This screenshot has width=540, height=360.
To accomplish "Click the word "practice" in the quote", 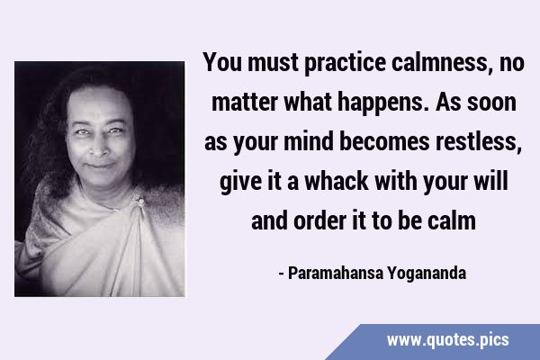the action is pyautogui.click(x=345, y=63).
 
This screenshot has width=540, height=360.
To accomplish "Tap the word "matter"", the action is pyautogui.click(x=245, y=103).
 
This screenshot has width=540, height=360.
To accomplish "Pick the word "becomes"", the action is pyautogui.click(x=384, y=141).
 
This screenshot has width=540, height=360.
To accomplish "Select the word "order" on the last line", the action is pyautogui.click(x=319, y=220).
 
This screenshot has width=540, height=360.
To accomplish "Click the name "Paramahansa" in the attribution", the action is pyautogui.click(x=336, y=273).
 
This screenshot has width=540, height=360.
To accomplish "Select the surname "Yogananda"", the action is pyautogui.click(x=427, y=274).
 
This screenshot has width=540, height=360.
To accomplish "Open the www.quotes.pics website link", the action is pyautogui.click(x=447, y=340).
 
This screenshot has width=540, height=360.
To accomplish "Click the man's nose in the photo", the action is pyautogui.click(x=99, y=148).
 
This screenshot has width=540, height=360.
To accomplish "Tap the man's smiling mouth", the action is pyautogui.click(x=100, y=166).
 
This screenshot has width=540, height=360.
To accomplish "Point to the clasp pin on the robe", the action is pyautogui.click(x=139, y=201).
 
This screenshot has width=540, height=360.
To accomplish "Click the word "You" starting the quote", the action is pyautogui.click(x=221, y=62).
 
